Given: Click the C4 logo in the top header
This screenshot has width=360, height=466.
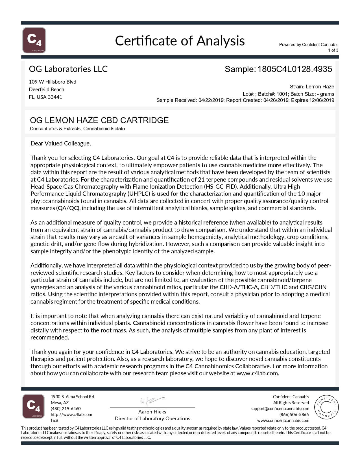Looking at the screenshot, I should (34, 40).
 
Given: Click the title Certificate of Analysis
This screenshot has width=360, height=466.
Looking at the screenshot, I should (180, 41).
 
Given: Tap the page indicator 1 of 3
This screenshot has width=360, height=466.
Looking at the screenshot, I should (333, 50).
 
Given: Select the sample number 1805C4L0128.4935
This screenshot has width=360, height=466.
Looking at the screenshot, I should (294, 69).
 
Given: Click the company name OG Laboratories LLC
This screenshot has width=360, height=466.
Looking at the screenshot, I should (68, 69).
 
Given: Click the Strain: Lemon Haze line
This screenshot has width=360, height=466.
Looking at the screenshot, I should (312, 87).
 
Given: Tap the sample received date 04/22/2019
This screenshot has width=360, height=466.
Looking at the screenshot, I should (209, 100).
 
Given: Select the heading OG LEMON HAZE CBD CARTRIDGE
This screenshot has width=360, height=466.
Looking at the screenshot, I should (99, 120).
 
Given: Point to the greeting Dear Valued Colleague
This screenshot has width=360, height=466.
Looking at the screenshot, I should (61, 143).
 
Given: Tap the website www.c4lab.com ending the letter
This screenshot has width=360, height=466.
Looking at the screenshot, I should (257, 373).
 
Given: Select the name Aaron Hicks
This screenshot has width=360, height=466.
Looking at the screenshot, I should (152, 412).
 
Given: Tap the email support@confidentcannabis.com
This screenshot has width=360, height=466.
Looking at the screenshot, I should (280, 409).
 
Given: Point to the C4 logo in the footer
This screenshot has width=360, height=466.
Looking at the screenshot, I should (33, 406).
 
